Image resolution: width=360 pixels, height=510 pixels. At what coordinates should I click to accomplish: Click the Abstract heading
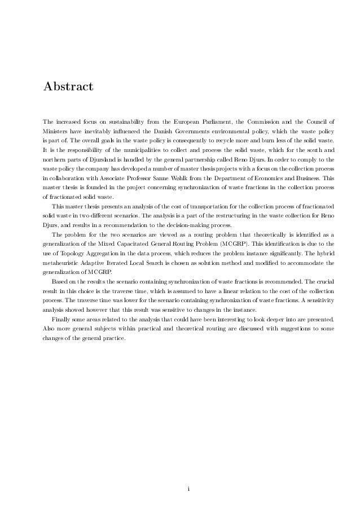(68, 88)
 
